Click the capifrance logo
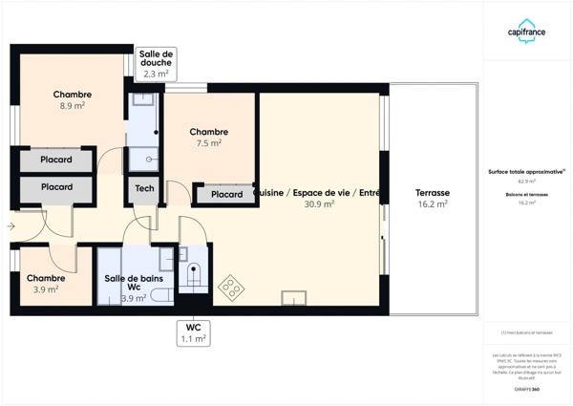[526, 31]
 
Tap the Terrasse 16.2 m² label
[433, 198]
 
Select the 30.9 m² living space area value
[319, 203]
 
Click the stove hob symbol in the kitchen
[230, 287]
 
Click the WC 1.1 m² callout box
[194, 331]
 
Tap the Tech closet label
[144, 189]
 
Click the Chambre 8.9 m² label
[73, 100]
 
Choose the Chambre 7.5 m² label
[208, 137]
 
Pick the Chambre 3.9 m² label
[41, 283]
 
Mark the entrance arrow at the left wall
[11, 226]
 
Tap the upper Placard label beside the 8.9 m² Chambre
[57, 160]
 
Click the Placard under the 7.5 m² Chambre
[226, 194]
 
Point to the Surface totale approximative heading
[526, 172]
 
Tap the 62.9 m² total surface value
[526, 181]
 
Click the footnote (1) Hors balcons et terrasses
[526, 332]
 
